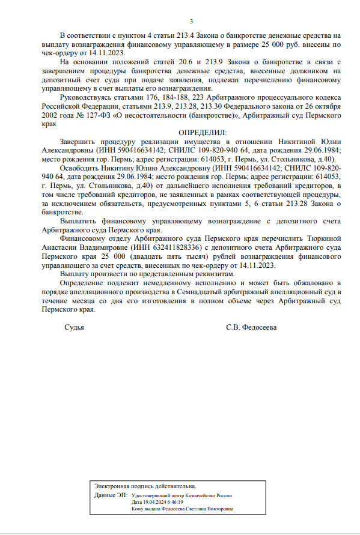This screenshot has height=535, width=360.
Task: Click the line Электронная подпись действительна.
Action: (x=145, y=485)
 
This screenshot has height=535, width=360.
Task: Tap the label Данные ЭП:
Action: (x=111, y=495)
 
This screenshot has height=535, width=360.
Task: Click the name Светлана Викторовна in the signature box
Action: (x=212, y=509)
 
